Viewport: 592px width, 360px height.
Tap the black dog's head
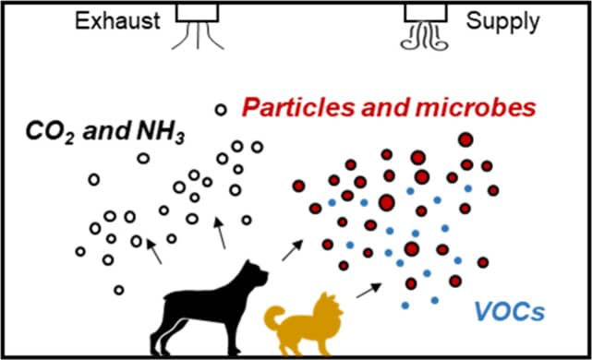click(x=254, y=274)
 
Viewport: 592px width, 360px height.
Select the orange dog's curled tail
click(x=275, y=318)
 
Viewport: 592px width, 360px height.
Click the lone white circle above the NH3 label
click(x=219, y=111)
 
